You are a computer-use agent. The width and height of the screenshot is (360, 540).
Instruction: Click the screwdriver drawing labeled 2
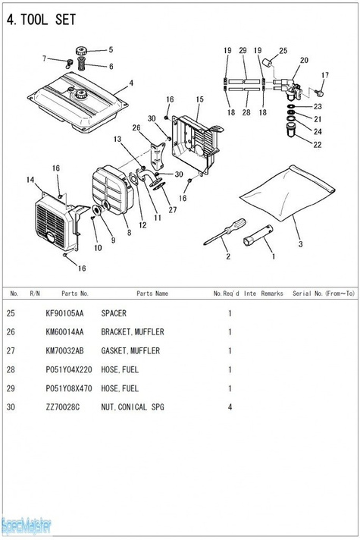pos(225,231)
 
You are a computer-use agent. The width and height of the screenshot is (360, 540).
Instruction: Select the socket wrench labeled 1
pos(258,235)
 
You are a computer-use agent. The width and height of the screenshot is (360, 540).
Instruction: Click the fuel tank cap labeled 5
pos(81,52)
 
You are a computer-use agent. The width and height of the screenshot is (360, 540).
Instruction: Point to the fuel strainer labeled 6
pos(81,64)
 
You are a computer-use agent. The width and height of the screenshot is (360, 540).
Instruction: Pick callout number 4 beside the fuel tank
pos(131,83)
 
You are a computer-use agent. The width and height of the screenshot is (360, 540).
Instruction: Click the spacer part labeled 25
pos(268,63)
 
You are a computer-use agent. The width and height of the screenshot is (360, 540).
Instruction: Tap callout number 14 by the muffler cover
pos(30,180)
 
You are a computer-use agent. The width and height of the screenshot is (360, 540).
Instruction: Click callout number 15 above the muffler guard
pos(199,99)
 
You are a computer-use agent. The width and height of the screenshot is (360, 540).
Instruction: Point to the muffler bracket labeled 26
pos(158,154)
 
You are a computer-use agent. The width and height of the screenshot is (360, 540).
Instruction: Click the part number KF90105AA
pos(64,313)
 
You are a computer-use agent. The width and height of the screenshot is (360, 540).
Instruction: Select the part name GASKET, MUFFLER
pos(130,351)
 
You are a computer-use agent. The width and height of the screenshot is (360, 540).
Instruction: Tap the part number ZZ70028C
pos(63,407)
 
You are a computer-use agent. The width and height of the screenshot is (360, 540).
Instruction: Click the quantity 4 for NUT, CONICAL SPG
pos(230,407)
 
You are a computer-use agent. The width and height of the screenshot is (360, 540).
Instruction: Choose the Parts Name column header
pos(152,294)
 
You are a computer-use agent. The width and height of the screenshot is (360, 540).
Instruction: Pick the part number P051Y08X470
pos(69,388)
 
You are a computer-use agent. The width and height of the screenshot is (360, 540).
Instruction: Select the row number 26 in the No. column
pos(11,332)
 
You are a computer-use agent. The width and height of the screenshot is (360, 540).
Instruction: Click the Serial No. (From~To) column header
pos(324,294)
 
